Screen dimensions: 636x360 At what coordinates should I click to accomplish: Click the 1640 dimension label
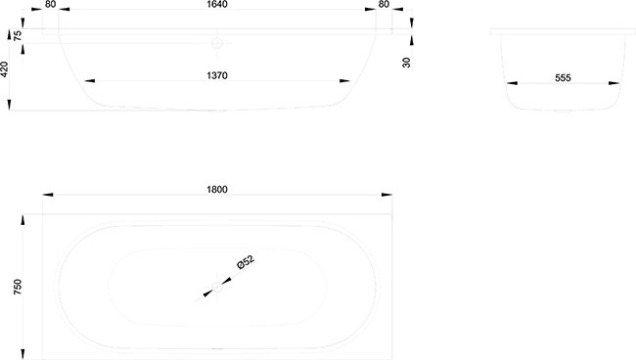[217, 4]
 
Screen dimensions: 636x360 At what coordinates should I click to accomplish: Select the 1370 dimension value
[217, 75]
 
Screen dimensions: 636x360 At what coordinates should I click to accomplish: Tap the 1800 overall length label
[217, 190]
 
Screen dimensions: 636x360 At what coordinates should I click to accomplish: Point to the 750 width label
[18, 287]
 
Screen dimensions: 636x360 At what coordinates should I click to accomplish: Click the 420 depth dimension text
[4, 69]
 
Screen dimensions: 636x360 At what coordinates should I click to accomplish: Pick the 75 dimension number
[18, 35]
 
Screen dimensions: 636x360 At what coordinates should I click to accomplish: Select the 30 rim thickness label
[406, 62]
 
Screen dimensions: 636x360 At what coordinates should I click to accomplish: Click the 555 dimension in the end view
[563, 78]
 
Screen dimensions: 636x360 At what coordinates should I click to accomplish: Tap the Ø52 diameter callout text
[246, 262]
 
